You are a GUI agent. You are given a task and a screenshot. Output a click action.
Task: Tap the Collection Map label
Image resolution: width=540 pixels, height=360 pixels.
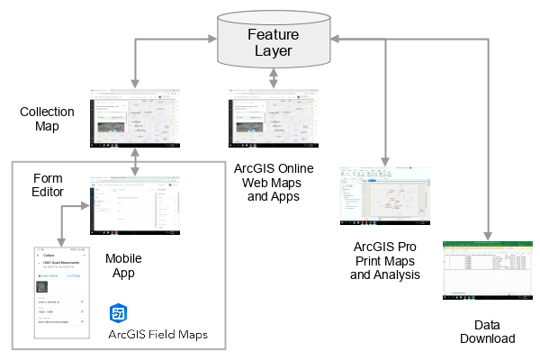pos(40,119)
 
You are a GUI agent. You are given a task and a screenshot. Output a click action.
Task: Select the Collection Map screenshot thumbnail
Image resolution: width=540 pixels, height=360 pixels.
pos(135,120)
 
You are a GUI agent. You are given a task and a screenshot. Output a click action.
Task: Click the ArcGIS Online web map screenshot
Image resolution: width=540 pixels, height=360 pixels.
pos(272,120)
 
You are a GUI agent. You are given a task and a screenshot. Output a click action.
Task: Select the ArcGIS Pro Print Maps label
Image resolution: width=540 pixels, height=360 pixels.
pos(384,261)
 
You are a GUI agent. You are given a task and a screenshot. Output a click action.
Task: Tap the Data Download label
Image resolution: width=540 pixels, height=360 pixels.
pos(493,330)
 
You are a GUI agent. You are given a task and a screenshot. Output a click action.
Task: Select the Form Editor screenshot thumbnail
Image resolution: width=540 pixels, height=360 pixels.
pos(134,207)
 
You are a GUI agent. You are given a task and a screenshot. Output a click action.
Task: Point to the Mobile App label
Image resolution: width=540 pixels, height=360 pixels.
pos(122,265)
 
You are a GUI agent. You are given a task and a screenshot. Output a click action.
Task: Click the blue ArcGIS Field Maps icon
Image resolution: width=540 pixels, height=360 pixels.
pos(118,313)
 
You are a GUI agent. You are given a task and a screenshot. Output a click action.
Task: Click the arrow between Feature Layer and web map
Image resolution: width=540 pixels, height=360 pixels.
pos(272,78)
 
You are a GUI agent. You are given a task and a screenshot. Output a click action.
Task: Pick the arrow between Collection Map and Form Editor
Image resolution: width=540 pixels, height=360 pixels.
pos(135,163)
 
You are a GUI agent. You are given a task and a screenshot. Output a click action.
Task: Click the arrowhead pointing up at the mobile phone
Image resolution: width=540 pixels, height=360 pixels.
pos(61,240)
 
